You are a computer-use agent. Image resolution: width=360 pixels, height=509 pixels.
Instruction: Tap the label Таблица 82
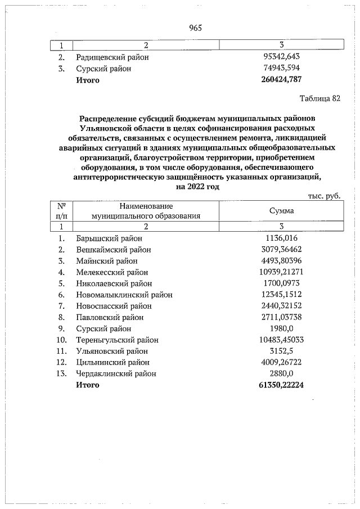[321, 99]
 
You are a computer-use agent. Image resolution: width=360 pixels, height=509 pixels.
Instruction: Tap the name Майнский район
[107, 260]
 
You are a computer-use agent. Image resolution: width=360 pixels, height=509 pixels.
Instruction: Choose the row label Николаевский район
[114, 283]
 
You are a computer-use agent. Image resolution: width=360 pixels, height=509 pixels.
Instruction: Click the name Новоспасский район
[114, 306]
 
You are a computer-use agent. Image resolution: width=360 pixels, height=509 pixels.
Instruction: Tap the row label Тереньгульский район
[118, 340]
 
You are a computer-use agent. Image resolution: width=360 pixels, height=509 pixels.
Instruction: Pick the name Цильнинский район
[114, 362]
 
